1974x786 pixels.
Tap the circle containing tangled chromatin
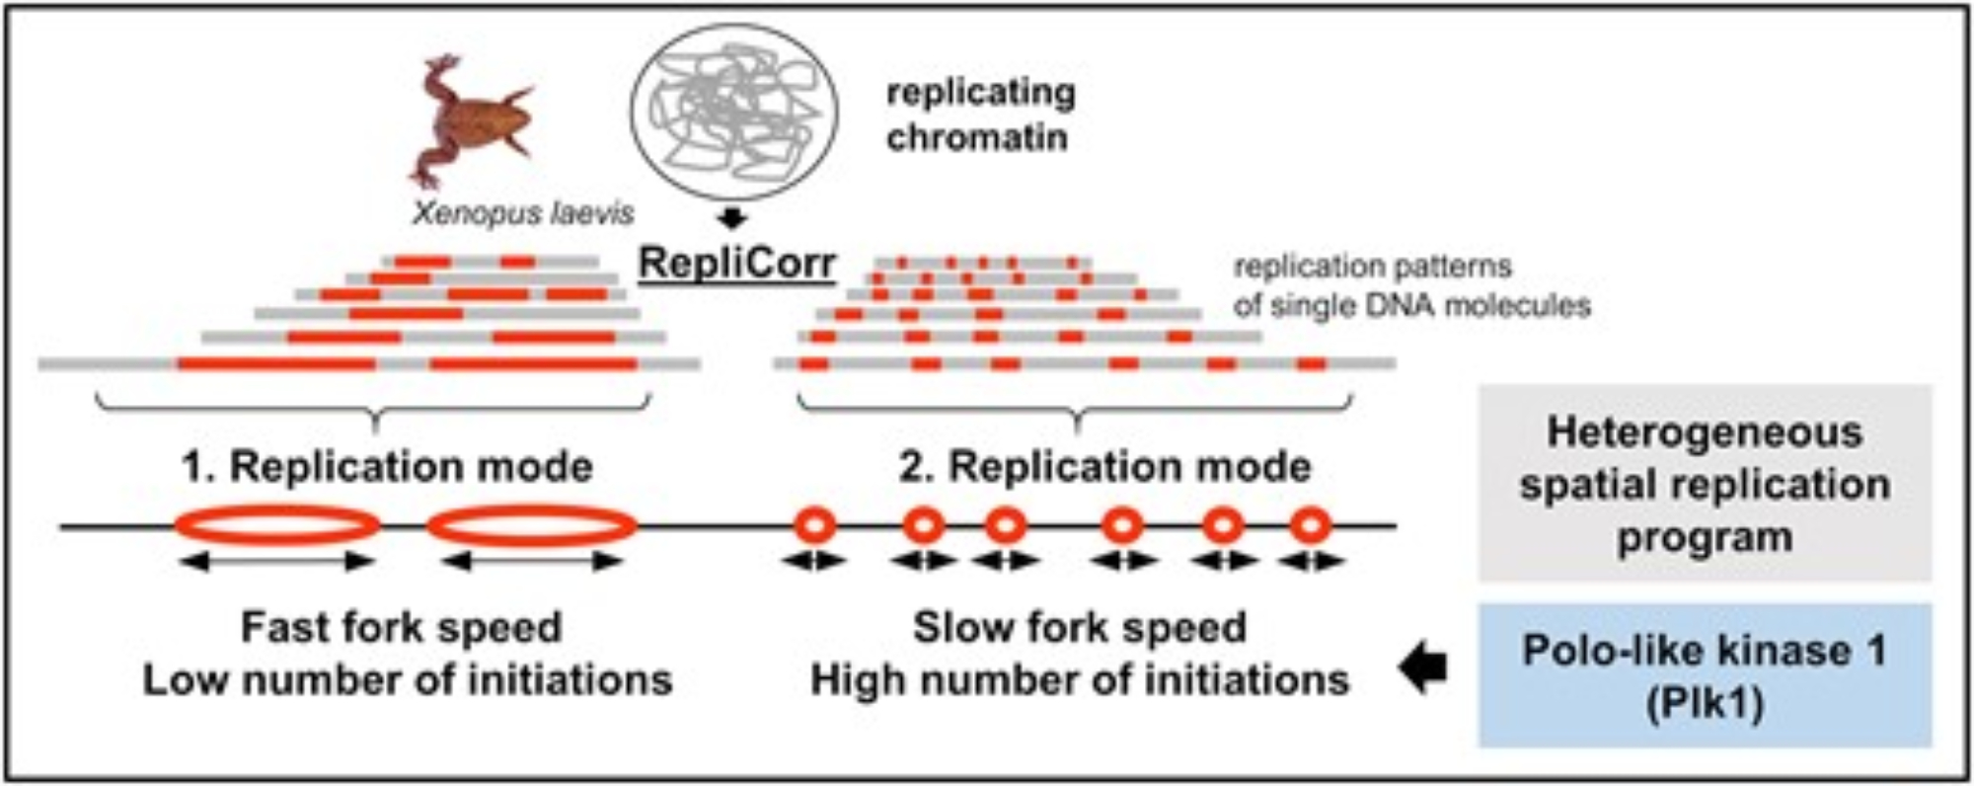pyautogui.click(x=734, y=110)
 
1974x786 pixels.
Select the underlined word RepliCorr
pyautogui.click(x=736, y=265)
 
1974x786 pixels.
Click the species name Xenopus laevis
pyautogui.click(x=522, y=213)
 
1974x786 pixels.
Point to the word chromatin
pyautogui.click(x=976, y=137)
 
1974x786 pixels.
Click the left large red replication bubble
pyautogui.click(x=276, y=525)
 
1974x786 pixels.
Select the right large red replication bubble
pyautogui.click(x=531, y=525)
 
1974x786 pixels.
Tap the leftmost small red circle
pyautogui.click(x=815, y=525)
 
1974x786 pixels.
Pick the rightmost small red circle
pyautogui.click(x=1310, y=525)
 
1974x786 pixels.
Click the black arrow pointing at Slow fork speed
pyautogui.click(x=1423, y=668)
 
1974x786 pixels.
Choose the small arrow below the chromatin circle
pyautogui.click(x=731, y=218)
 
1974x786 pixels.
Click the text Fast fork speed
pyautogui.click(x=401, y=628)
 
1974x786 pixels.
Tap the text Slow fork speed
pyautogui.click(x=1079, y=628)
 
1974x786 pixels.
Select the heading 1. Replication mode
pyautogui.click(x=387, y=467)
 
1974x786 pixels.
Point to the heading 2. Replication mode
pyautogui.click(x=1104, y=467)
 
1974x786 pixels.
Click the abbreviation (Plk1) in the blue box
pyautogui.click(x=1705, y=705)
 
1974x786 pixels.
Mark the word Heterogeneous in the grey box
pyautogui.click(x=1705, y=432)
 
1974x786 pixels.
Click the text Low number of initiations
pyautogui.click(x=408, y=680)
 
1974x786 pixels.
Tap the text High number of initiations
pyautogui.click(x=1080, y=680)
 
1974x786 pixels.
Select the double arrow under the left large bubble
pyautogui.click(x=277, y=562)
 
